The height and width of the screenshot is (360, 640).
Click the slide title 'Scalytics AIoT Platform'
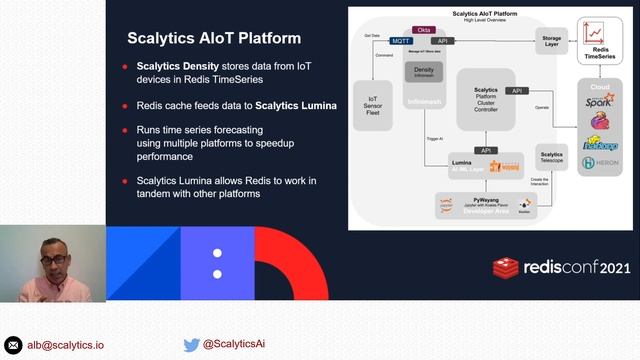click(x=214, y=39)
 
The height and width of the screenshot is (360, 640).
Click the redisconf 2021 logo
click(x=563, y=268)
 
